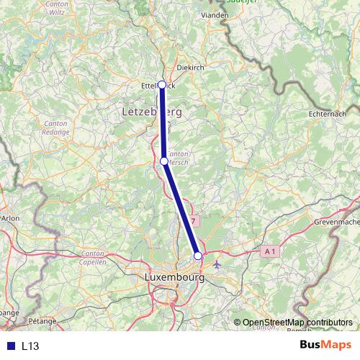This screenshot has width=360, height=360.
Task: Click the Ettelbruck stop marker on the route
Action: pyautogui.click(x=162, y=85)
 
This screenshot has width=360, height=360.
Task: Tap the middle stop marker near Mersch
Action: pyautogui.click(x=164, y=161)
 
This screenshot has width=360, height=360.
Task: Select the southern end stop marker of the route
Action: pyautogui.click(x=198, y=256)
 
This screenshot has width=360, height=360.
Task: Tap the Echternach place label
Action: pyautogui.click(x=327, y=114)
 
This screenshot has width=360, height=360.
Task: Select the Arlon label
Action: pyautogui.click(x=11, y=217)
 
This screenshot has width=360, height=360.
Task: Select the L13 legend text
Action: pyautogui.click(x=30, y=346)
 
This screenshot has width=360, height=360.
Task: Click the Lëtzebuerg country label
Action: pyautogui.click(x=148, y=113)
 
